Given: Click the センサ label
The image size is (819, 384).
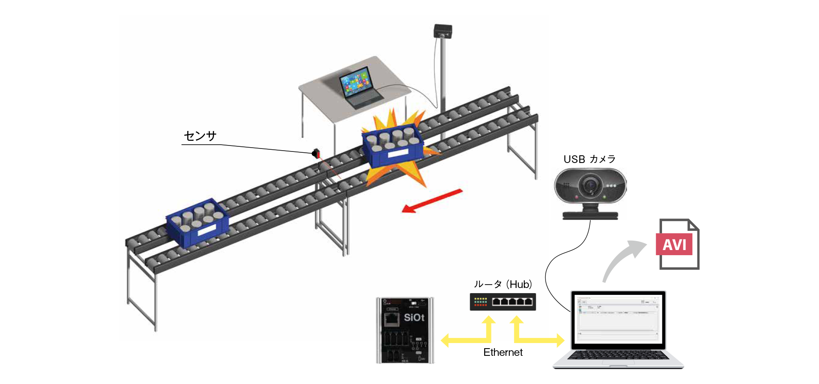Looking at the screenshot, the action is (x=200, y=136).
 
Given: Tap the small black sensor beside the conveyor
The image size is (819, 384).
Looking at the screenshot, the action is (x=316, y=153).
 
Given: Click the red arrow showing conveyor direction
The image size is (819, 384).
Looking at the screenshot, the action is (x=432, y=201).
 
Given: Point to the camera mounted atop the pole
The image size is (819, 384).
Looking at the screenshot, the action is (x=443, y=32).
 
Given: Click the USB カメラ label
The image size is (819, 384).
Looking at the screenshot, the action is (x=590, y=159).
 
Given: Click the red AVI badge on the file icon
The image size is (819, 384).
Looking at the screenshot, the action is (x=674, y=244).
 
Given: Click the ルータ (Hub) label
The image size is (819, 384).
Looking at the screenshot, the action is (x=503, y=284).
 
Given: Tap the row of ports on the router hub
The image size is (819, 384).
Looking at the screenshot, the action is (x=512, y=302).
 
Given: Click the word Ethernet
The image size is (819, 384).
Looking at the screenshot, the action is (x=503, y=352).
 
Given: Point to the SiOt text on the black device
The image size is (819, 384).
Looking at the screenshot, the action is (x=414, y=317).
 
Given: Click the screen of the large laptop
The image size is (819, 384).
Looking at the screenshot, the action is (x=618, y=318).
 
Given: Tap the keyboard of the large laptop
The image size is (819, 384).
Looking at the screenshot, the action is (x=618, y=355).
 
